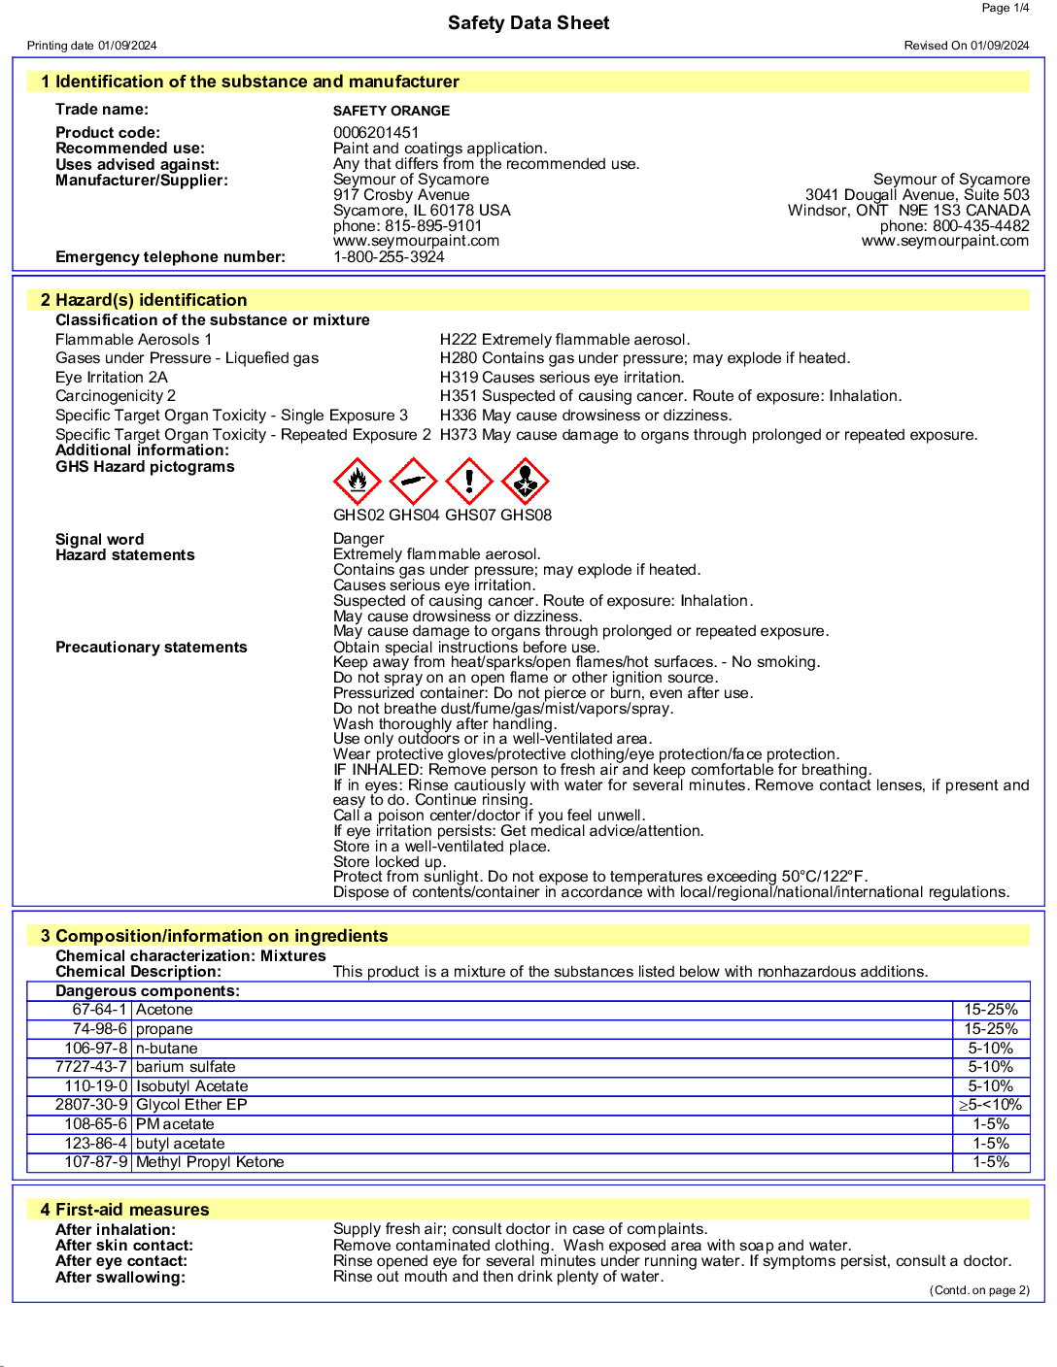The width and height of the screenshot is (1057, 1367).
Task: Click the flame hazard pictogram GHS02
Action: (358, 482)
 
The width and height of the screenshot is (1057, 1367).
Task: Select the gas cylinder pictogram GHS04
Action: (414, 482)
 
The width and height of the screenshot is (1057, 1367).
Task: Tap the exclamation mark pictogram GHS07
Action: (469, 482)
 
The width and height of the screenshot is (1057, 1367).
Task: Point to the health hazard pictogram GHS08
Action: (526, 482)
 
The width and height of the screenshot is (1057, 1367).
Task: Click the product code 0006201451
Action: (376, 133)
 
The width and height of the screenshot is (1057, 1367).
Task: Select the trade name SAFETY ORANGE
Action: (392, 112)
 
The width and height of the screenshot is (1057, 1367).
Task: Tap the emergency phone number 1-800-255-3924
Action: (389, 257)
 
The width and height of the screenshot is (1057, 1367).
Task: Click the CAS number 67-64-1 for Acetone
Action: (99, 1010)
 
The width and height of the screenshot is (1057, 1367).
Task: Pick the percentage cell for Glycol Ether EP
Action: (990, 1105)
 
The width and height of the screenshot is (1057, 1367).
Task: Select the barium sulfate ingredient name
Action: (186, 1067)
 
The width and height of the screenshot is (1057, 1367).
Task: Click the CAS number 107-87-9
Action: (96, 1162)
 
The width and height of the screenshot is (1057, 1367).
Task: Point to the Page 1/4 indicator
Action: (1005, 8)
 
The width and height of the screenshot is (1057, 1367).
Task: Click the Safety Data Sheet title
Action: (528, 23)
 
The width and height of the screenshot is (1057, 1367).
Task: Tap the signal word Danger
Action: (358, 539)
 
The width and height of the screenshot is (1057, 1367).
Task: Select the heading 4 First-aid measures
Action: (124, 1210)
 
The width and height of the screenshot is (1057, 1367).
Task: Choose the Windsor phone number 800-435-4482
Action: (981, 226)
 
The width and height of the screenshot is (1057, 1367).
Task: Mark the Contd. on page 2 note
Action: (979, 1290)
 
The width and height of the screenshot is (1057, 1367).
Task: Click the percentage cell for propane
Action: (990, 1029)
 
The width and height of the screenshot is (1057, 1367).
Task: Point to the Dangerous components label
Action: (147, 991)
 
